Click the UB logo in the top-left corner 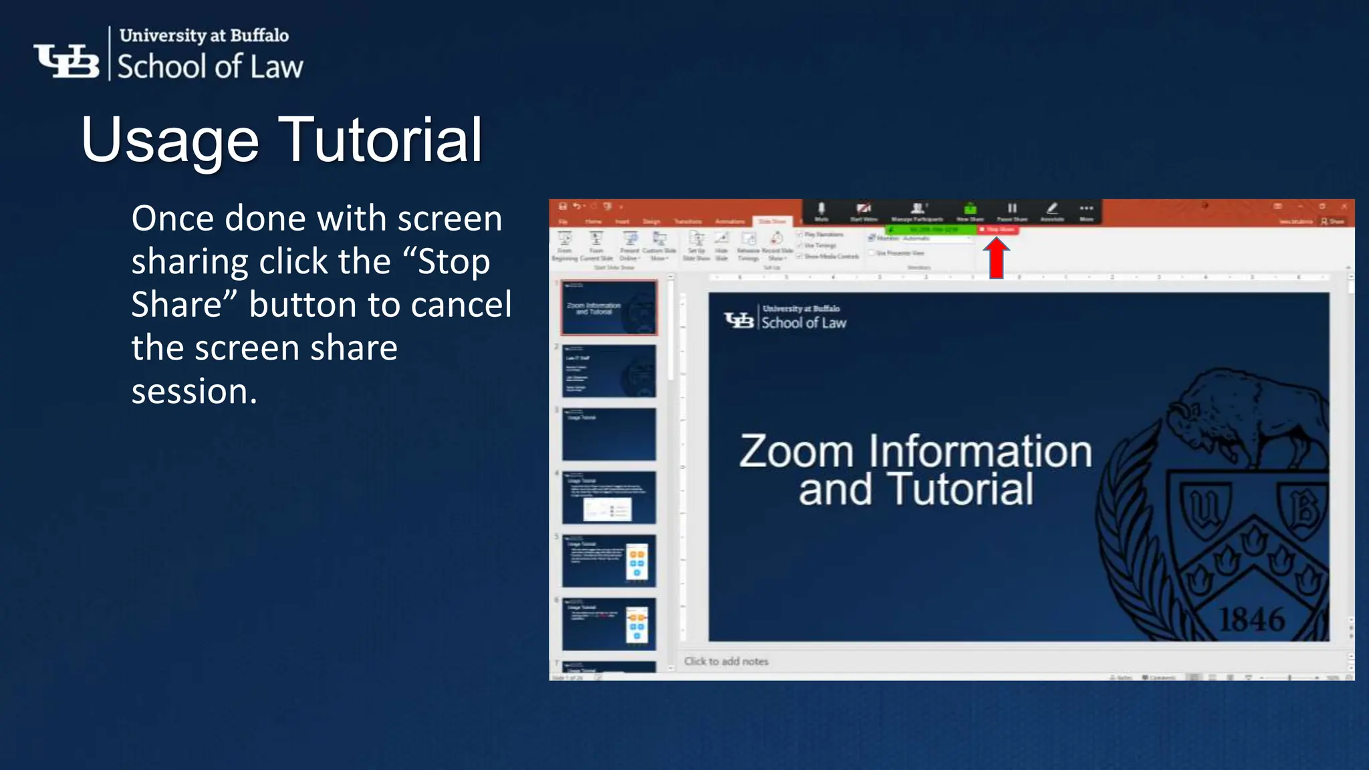pos(67,61)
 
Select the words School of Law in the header pos(210,67)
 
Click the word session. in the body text pos(194,391)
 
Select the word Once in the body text pos(173,219)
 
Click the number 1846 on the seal pos(1251,620)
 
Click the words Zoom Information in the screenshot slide pos(915,451)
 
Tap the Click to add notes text pos(726,661)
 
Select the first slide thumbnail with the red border pos(609,307)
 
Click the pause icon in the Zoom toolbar pos(1012,209)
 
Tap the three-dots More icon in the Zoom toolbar pos(1086,209)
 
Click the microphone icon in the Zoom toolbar pos(822,209)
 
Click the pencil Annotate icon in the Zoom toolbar pos(1051,209)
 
